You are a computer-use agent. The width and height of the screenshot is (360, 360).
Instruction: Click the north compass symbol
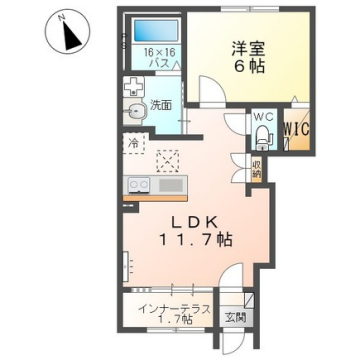click(x=68, y=33)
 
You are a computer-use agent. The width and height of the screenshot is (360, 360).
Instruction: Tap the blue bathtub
click(x=156, y=30)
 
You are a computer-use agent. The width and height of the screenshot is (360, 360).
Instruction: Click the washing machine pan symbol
click(x=133, y=86)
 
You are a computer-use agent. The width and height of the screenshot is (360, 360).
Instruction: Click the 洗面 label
click(x=161, y=105)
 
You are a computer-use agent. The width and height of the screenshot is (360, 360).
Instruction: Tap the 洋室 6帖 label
click(x=248, y=57)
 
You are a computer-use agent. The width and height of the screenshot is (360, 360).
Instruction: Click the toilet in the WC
click(x=264, y=138)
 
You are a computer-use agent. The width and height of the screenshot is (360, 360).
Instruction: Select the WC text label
click(x=264, y=117)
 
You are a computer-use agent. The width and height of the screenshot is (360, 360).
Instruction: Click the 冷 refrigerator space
click(x=134, y=143)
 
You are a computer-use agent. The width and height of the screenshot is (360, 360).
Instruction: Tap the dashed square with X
click(x=168, y=161)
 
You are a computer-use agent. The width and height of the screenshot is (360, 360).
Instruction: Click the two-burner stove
click(x=139, y=185)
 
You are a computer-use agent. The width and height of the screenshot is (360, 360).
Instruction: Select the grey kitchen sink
click(x=171, y=185)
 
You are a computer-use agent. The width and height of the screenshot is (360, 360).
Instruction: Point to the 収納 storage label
click(x=257, y=170)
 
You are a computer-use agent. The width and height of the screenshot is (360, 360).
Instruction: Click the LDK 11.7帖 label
click(x=195, y=230)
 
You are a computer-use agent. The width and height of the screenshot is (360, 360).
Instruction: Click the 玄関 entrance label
click(x=235, y=318)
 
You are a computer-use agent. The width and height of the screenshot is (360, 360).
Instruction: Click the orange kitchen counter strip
click(x=155, y=198)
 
